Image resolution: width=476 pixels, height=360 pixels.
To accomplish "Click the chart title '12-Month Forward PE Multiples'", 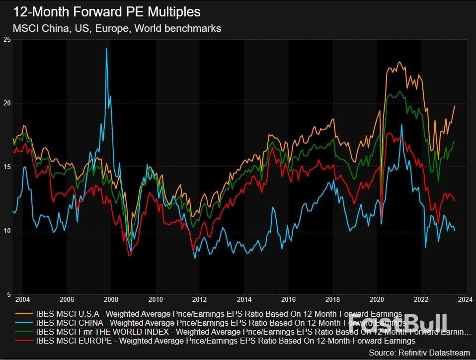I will [107, 11].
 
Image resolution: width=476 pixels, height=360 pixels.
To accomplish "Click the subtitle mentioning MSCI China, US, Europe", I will [117, 28].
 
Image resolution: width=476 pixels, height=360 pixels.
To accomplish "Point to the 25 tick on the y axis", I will [7, 40].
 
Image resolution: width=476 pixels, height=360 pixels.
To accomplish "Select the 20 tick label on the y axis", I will [7, 103].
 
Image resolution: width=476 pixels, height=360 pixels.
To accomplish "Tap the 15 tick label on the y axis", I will [7, 167].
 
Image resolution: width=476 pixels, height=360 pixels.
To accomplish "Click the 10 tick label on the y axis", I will [7, 231].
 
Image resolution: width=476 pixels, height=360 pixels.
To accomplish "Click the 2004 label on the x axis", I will [22, 300].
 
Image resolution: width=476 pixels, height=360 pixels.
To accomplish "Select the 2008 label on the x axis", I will [111, 300].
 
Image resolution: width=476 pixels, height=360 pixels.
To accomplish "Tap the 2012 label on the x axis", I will [200, 300].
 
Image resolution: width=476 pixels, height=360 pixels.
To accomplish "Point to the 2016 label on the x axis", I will [288, 300].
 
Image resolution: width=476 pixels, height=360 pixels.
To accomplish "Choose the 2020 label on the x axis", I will [377, 300].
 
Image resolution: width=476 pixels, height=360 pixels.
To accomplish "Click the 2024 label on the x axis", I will [465, 300].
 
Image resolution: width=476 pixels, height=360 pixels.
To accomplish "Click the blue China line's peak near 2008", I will [106, 48].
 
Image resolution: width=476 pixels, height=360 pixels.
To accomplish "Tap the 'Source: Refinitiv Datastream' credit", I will [420, 352].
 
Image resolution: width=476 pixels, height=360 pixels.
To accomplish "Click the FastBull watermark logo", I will [397, 323].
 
